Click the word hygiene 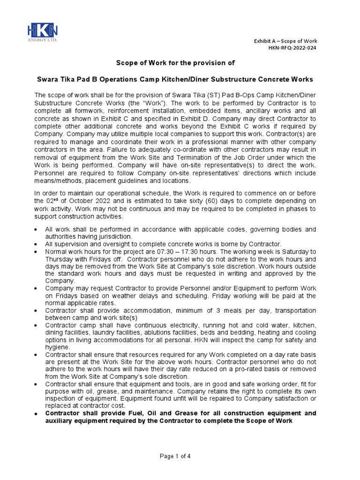point(57,347)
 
